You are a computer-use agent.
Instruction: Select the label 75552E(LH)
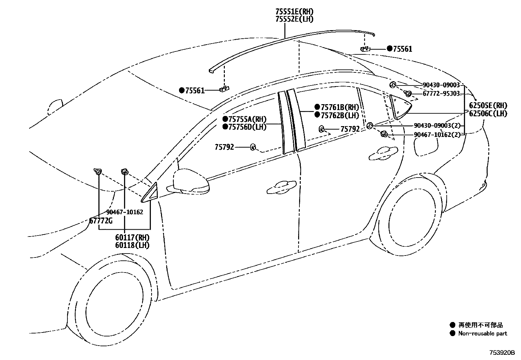point(294,19)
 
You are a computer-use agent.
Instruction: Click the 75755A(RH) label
point(247,119)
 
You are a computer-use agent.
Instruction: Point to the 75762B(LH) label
point(340,115)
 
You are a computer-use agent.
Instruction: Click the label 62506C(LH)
point(488,114)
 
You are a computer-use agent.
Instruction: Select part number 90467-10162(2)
point(437,134)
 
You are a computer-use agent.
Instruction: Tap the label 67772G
point(101,220)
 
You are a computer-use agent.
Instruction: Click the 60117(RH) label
point(132,237)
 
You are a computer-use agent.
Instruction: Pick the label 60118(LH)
point(132,245)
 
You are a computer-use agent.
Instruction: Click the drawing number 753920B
point(502,352)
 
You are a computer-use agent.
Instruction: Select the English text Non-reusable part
point(483,333)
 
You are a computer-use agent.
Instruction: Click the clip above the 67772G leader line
point(98,171)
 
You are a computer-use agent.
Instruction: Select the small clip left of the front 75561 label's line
point(225,89)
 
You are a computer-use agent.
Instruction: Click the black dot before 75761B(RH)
point(317,107)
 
